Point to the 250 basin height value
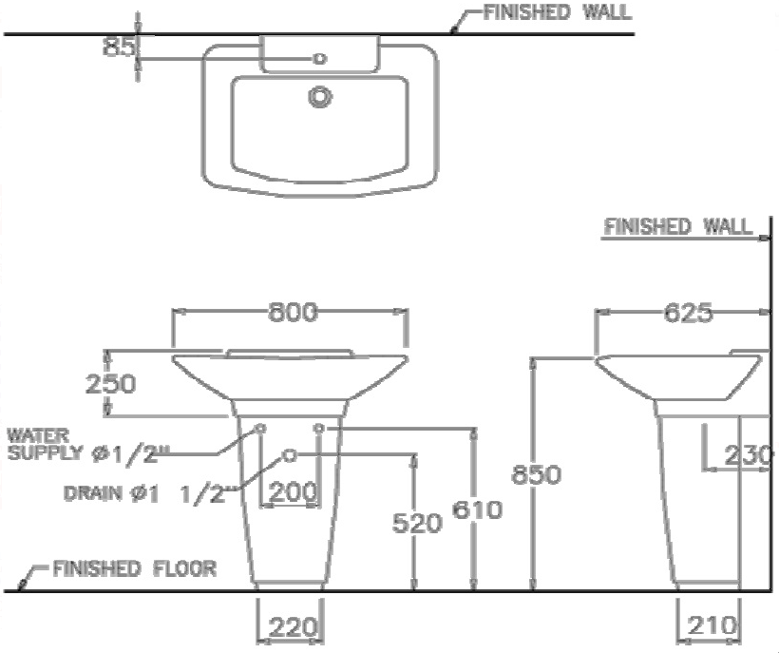pos(112,383)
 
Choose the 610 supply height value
pos(477,510)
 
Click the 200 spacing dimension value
pos(293,491)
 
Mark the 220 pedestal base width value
pos(293,626)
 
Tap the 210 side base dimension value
pos(710,626)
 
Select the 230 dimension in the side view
pos(748,455)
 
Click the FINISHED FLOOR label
pos(134,569)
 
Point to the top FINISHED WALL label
pos(557,12)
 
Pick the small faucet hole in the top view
pos(320,59)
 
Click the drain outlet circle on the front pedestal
pos(290,454)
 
